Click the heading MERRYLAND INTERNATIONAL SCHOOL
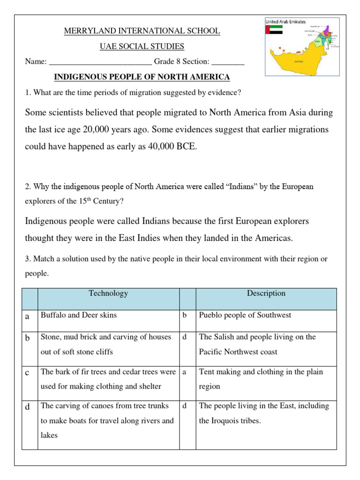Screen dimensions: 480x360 coord(142,31)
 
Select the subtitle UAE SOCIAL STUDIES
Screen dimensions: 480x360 coord(142,46)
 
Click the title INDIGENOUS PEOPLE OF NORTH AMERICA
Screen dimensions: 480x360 coord(142,77)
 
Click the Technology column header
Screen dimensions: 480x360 coord(108,293)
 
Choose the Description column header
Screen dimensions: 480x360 coord(266,293)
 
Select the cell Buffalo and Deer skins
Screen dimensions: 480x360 coord(79,315)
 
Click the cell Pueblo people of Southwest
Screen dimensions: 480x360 coord(245,315)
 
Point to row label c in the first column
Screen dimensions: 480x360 coord(28,373)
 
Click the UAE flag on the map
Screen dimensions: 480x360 coord(274,30)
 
